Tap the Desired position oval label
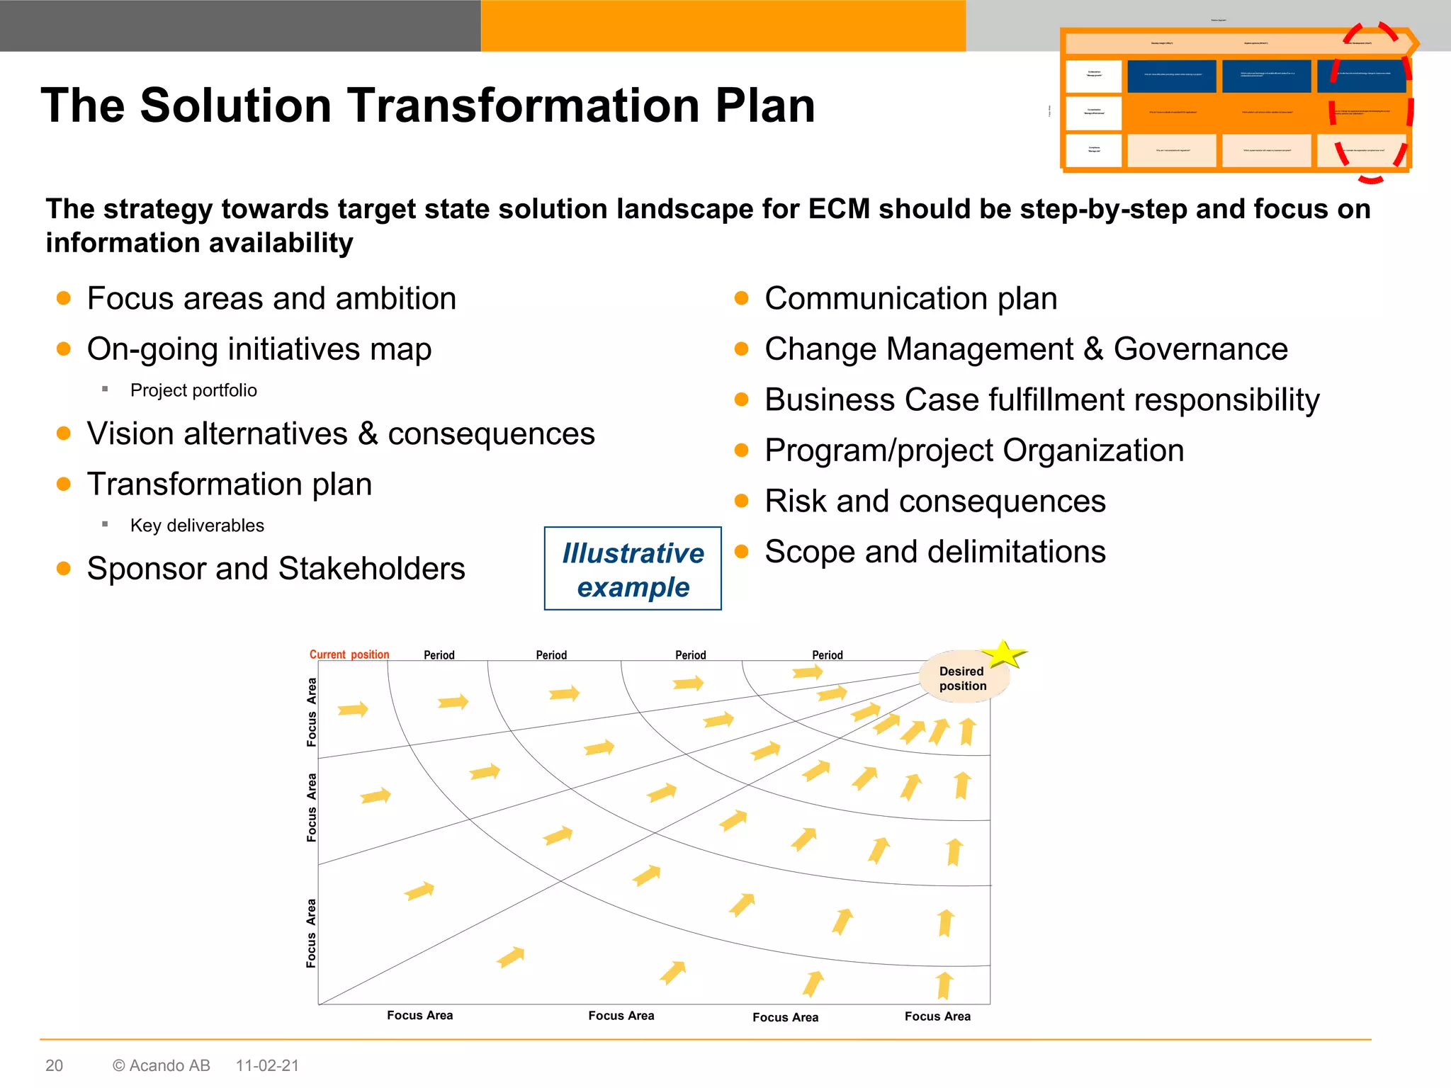tap(962, 679)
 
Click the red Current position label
tap(349, 654)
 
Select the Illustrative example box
tap(633, 569)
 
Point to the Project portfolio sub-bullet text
tap(193, 390)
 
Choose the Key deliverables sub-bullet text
tap(197, 526)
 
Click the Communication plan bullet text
tap(910, 298)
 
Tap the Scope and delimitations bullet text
tap(935, 552)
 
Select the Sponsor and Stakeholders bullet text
tap(276, 569)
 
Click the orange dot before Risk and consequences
tap(742, 501)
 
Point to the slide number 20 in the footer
tap(54, 1065)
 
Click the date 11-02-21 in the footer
tap(267, 1065)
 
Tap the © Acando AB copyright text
tap(162, 1065)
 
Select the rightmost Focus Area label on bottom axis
tap(937, 1016)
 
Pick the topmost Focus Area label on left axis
tap(311, 712)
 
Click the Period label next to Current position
tap(439, 655)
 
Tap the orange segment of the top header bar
tap(723, 25)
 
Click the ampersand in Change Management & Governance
tap(1093, 349)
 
